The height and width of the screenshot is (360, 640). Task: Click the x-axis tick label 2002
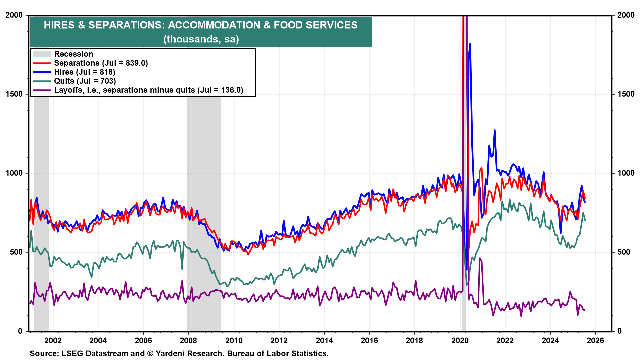pos(53,340)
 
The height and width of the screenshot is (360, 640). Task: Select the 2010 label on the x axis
pos(234,340)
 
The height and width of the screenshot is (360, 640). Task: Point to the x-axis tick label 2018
pos(414,340)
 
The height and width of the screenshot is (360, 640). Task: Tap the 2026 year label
pos(595,340)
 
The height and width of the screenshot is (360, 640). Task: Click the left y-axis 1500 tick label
pos(14,94)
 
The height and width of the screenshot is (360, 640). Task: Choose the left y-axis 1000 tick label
pos(14,173)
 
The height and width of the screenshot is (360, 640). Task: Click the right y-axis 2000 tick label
pos(626,15)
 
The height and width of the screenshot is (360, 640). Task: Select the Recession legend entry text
pos(74,54)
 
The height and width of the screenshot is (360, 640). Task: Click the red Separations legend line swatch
pos(42,63)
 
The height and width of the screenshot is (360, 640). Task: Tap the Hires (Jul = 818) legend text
pos(85,72)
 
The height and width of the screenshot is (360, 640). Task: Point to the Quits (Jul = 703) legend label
pos(85,81)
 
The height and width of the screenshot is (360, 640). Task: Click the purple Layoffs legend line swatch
pos(42,90)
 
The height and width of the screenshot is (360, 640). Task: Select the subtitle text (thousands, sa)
pos(201,39)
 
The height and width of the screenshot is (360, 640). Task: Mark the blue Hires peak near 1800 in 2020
pos(470,44)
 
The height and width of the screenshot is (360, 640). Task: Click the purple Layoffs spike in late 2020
pos(480,258)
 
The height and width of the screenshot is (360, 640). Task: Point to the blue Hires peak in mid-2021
pos(494,130)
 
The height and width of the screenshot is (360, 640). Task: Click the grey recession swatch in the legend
pos(42,54)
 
